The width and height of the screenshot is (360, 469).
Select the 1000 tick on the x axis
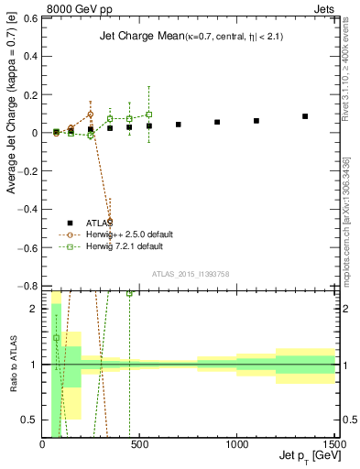(x=236, y=443)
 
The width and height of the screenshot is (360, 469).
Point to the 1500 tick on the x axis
(x=333, y=443)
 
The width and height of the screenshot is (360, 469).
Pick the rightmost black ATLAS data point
(x=305, y=116)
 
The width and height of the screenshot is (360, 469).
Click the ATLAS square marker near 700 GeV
(x=179, y=124)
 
